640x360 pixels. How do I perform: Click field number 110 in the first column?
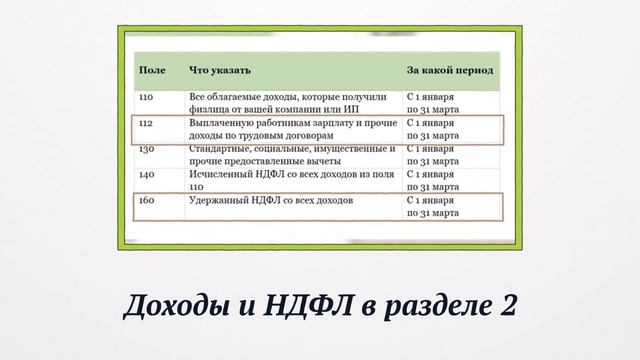coord(146,96)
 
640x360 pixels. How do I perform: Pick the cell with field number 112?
coord(146,122)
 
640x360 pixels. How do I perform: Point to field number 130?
coord(146,148)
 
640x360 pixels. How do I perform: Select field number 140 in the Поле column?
coord(146,174)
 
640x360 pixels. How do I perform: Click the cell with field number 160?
coord(146,200)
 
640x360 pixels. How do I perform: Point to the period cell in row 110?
coord(432,102)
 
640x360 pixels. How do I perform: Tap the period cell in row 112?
coord(432,128)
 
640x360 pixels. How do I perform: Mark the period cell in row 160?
coord(432,206)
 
